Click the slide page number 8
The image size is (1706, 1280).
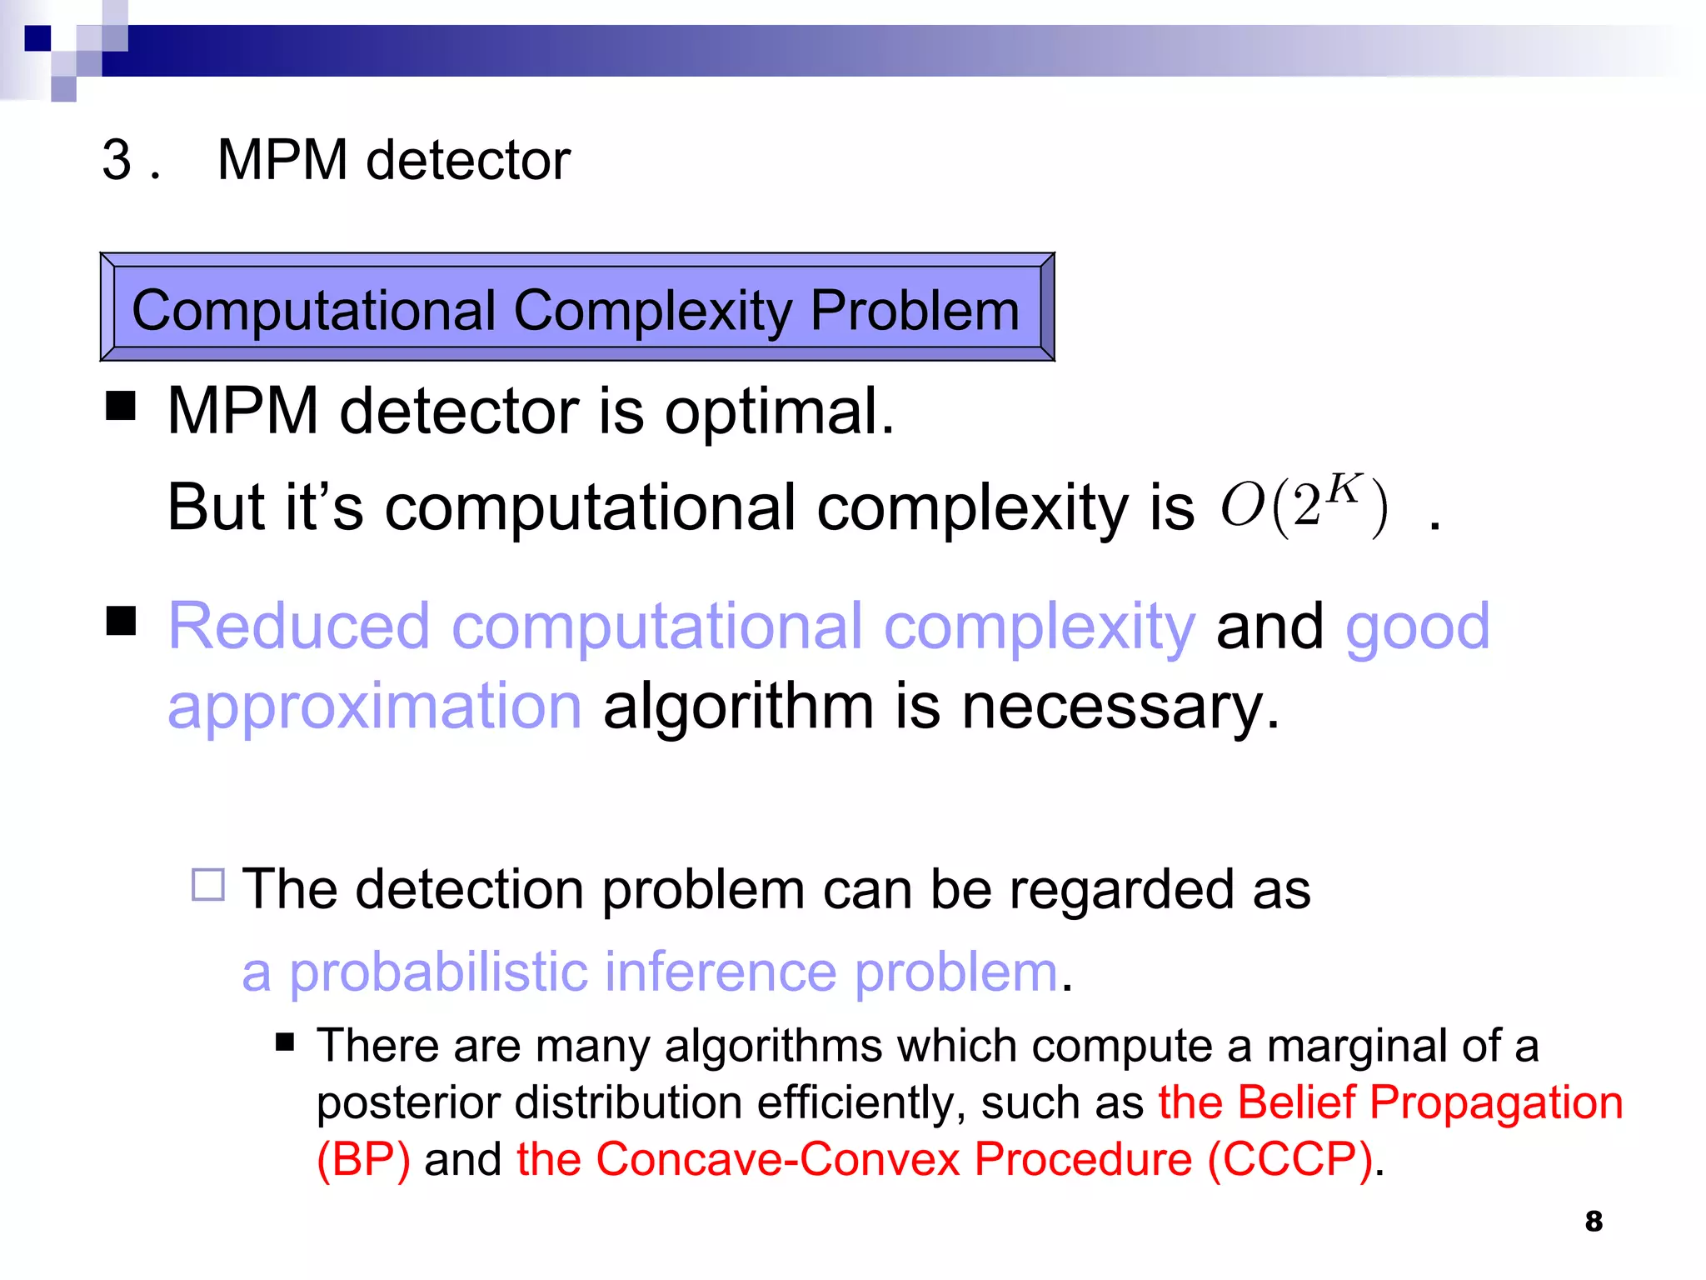tap(1593, 1221)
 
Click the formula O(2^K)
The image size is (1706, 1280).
tap(1304, 505)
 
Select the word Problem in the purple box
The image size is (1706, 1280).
tap(914, 310)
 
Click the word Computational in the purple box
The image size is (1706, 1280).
tap(314, 310)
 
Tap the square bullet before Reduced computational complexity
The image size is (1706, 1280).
tap(121, 621)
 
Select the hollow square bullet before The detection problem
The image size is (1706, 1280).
tap(207, 884)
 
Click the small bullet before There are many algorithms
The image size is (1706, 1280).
tap(285, 1042)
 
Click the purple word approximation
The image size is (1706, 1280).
tap(374, 707)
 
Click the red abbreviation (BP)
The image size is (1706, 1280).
tap(363, 1159)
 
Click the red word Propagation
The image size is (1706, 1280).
tap(1495, 1102)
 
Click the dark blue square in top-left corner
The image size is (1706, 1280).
tap(37, 38)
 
